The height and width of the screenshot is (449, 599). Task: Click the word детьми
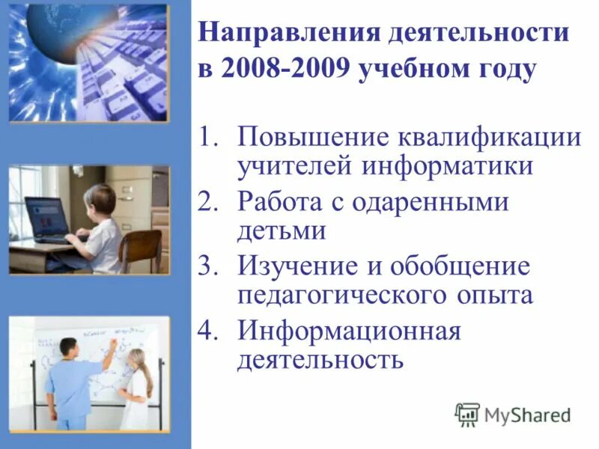pos(282,230)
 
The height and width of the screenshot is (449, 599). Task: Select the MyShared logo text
pos(527,414)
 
